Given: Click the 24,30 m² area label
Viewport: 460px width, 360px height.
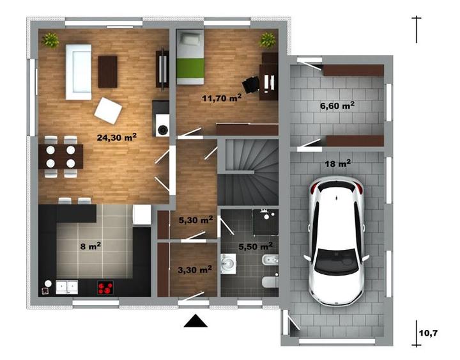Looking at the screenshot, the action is [117, 137].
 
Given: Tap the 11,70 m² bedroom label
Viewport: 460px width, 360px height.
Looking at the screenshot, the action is [222, 98].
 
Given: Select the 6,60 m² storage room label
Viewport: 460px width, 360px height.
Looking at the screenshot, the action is [337, 106].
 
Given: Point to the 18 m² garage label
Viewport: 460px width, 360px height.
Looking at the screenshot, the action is [338, 163].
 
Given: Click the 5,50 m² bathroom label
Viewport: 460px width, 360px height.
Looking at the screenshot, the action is [256, 246].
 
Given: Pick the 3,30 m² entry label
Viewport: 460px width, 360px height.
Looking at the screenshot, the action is [195, 269].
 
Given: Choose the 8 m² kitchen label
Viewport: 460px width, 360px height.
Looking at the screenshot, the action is [91, 246].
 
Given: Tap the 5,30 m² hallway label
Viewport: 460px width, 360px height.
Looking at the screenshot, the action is [195, 219].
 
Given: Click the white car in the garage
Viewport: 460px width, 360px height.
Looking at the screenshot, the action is [336, 241].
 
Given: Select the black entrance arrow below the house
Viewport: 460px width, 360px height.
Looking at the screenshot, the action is [195, 320].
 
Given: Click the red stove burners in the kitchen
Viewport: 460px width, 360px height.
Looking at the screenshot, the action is [105, 288].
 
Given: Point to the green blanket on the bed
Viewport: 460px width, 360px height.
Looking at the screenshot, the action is [190, 68].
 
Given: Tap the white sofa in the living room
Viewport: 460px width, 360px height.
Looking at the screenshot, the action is [79, 72].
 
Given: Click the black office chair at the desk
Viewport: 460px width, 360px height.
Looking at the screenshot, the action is [251, 84].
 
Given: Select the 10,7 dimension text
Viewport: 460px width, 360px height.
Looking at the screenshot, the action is [428, 333].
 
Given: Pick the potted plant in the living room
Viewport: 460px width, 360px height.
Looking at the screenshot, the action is [50, 40].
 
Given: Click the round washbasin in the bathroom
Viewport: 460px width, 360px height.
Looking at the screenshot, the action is [228, 263].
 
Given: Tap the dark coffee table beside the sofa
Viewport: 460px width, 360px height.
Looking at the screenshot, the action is [108, 72].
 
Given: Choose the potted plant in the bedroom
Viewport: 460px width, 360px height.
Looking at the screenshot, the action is [268, 40].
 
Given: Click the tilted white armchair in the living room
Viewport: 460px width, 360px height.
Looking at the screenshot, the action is [108, 111].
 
